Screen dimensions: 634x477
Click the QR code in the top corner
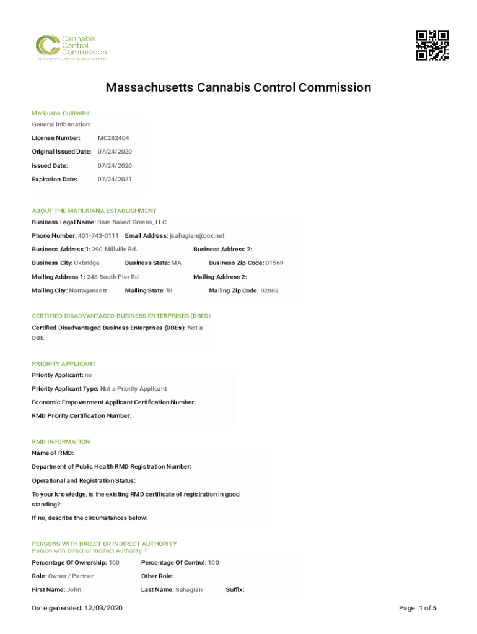[x=432, y=45]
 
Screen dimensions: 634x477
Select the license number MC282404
[x=113, y=138]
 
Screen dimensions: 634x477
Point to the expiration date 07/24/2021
[x=115, y=179]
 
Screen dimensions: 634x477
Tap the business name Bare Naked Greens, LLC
[x=132, y=222]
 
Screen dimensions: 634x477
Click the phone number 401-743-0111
[x=98, y=236]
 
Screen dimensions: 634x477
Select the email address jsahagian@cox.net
[x=197, y=236]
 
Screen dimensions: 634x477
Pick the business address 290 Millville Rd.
[x=115, y=250]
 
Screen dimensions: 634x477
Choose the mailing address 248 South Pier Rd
[x=113, y=277]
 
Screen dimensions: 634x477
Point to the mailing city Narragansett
[x=88, y=290]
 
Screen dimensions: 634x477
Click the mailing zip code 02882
[x=269, y=290]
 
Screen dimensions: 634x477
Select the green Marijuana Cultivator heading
[x=61, y=113]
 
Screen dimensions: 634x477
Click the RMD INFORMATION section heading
[x=61, y=441]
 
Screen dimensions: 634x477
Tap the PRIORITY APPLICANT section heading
[x=64, y=363]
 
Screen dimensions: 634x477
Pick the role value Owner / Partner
[x=71, y=576]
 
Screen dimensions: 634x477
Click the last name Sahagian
[x=188, y=589]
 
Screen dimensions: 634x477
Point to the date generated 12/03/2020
[x=103, y=609]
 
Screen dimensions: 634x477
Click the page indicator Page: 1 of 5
[x=418, y=609]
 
